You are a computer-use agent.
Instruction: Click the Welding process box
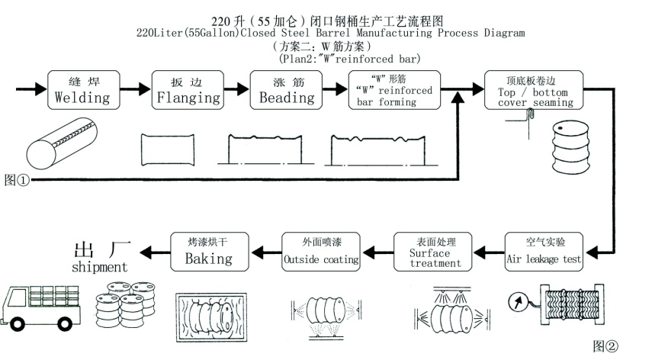tap(82, 90)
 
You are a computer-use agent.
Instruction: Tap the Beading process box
tap(287, 90)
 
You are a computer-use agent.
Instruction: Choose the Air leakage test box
tap(544, 251)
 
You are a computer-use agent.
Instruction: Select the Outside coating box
tap(321, 251)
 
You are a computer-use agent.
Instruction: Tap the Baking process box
tap(208, 251)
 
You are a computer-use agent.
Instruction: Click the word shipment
tap(99, 268)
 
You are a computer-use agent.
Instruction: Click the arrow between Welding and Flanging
tap(133, 90)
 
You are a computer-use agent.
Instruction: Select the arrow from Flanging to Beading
tap(236, 90)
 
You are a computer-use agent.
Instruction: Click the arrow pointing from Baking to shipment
tap(157, 251)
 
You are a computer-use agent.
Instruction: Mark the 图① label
tap(17, 180)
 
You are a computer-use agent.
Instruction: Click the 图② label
tap(607, 346)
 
